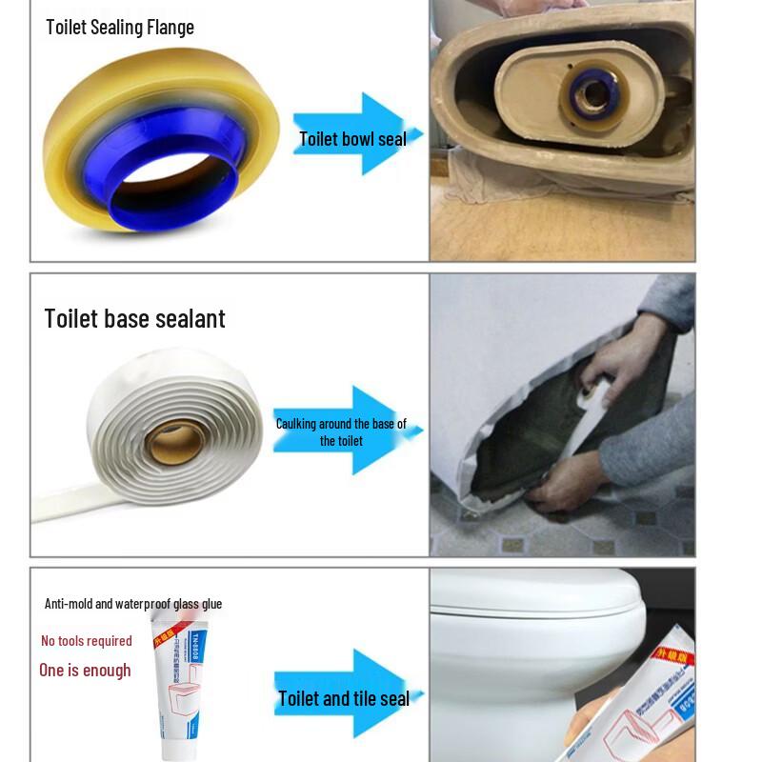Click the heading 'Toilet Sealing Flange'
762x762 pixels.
[x=120, y=27]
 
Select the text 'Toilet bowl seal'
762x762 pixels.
[x=352, y=139]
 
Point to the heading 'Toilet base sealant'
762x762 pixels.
[x=134, y=318]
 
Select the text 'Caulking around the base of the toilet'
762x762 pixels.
[x=341, y=431]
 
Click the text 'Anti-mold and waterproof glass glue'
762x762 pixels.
[x=133, y=604]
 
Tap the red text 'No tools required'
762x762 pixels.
[x=87, y=641]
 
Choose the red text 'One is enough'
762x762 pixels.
[x=85, y=671]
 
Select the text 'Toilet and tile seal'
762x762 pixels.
[x=343, y=699]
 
